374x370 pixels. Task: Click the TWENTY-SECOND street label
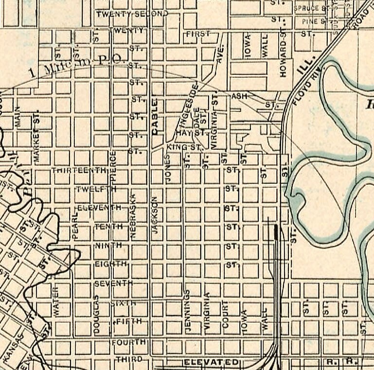[131, 14]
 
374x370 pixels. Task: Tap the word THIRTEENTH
[79, 170]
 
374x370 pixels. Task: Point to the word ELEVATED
[211, 362]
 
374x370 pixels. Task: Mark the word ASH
[239, 96]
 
